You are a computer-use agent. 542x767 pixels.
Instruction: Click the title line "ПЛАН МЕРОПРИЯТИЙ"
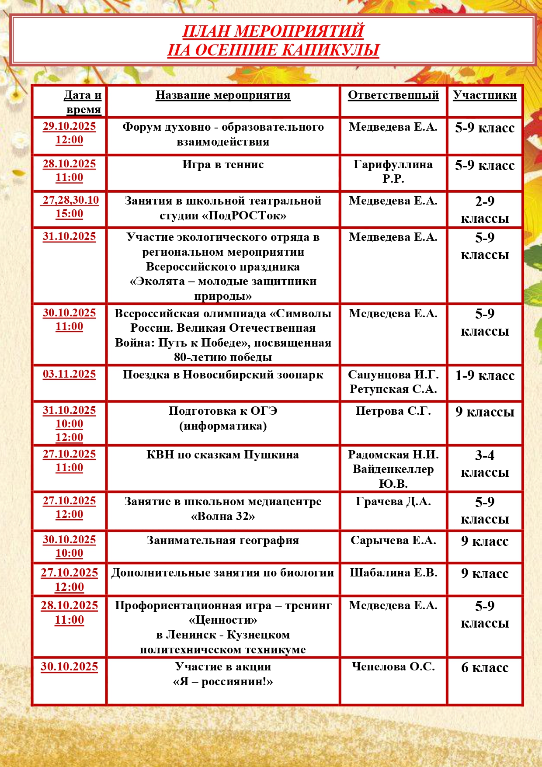coord(273,31)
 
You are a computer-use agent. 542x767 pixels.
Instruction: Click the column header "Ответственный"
coord(393,95)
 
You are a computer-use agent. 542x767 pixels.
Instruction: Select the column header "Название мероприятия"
coord(223,95)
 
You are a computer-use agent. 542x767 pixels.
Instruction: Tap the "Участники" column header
coord(484,95)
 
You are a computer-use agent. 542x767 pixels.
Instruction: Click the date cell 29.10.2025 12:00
coord(69,133)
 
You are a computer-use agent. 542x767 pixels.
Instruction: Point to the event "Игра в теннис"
coord(223,165)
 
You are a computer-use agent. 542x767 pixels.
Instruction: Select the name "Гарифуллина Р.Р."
coord(393,171)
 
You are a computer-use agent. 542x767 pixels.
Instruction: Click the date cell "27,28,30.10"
coord(70,200)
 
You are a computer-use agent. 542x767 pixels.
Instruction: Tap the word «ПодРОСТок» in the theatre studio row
coord(245,215)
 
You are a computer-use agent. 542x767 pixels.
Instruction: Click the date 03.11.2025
coord(69,374)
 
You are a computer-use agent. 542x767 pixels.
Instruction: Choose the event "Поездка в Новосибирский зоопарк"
coord(223,375)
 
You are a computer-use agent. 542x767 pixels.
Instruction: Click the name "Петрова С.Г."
coord(393,411)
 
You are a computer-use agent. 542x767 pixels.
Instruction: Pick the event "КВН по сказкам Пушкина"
coord(223,455)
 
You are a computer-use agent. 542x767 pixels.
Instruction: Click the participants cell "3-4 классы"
coord(484,464)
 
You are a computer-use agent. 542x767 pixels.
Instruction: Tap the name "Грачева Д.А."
coord(393,502)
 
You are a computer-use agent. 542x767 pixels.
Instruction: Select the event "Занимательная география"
coord(223,541)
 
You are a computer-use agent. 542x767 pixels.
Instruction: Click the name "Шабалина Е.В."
coord(393,573)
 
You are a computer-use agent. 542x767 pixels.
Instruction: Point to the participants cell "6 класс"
coord(484,667)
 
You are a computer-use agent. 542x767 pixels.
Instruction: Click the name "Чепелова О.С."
coord(393,667)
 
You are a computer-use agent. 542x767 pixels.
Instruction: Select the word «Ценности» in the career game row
coord(223,620)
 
